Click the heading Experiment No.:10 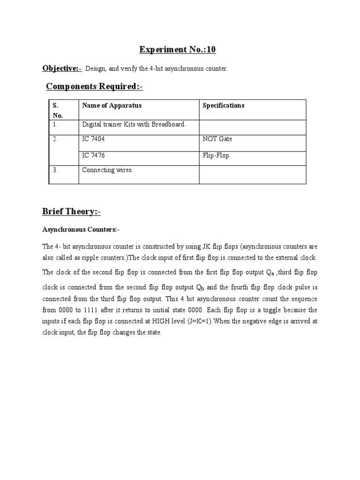pos(178,50)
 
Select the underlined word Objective pos(61,68)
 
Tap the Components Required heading pos(94,86)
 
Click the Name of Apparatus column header pos(112,105)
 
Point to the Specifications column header pos(224,105)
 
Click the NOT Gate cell pos(217,139)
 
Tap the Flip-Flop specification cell pos(216,155)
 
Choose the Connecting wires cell pos(108,170)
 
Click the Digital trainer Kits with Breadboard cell pos(134,124)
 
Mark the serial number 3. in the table pos(55,170)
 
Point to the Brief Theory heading pos(71,212)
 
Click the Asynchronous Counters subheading pos(81,230)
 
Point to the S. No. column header pos(57,110)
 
